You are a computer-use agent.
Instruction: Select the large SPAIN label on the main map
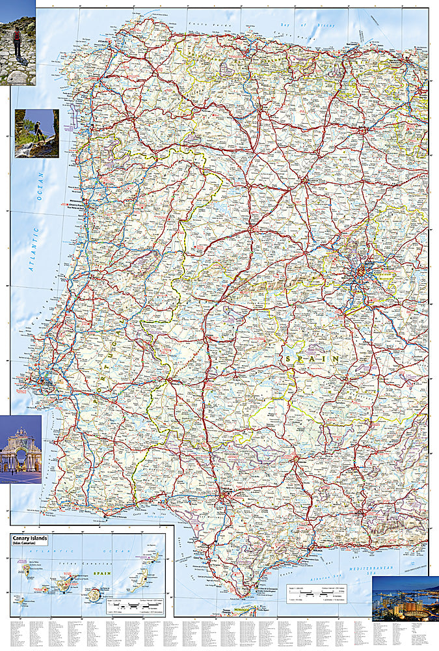(311, 357)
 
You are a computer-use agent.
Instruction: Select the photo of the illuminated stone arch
(20, 449)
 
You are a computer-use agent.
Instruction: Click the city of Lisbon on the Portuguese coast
(44, 381)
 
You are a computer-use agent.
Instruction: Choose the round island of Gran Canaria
(95, 594)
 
